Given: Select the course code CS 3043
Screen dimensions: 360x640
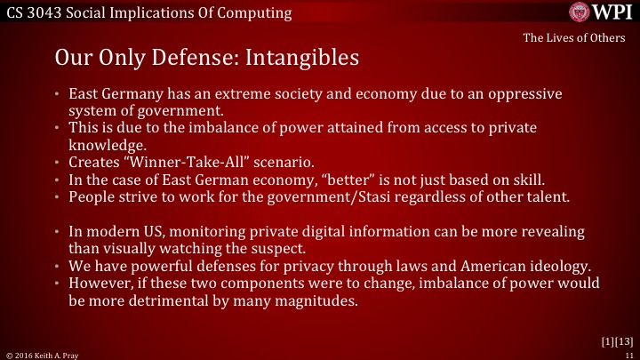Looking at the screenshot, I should (35, 12).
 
